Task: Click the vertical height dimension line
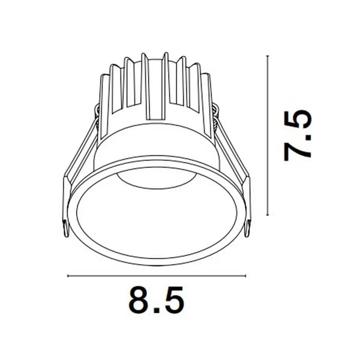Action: click(266, 134)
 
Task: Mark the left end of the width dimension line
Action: click(68, 276)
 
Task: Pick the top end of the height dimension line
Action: click(266, 55)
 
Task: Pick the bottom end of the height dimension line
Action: click(266, 214)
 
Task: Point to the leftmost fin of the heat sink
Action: click(105, 96)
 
